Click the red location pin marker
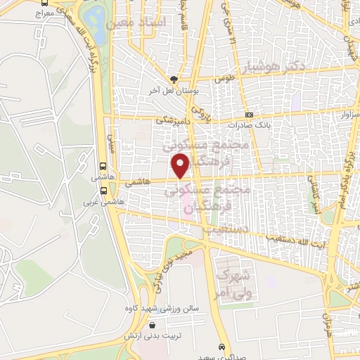pos(181,166)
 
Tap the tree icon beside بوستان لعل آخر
pos(173,79)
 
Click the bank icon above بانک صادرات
pos(249,115)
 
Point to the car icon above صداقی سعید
pos(222,347)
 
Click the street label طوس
pos(224,79)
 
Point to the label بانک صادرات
pos(263,124)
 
